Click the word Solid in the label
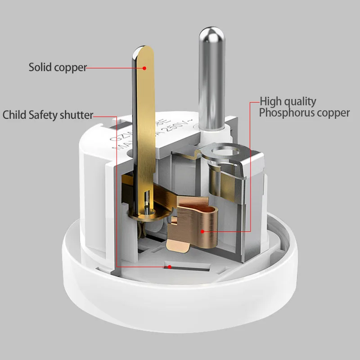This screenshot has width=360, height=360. (x=40, y=67)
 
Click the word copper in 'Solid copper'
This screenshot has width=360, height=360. (x=70, y=68)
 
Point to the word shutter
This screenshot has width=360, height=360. (x=76, y=115)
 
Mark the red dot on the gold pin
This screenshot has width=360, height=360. (x=145, y=68)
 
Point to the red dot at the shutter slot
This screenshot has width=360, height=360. (x=170, y=266)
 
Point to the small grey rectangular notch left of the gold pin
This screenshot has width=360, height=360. (x=125, y=121)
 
